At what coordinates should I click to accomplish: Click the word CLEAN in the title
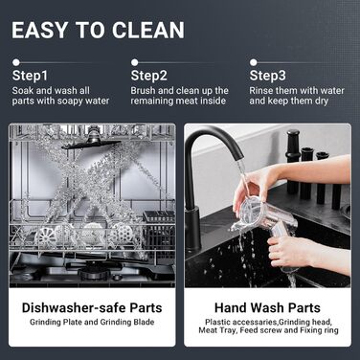tap(147, 30)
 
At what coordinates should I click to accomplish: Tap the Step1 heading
tap(30, 76)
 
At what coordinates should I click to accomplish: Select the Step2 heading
tap(149, 76)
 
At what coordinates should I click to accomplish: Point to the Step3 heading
tap(268, 76)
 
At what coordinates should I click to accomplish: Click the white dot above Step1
tap(16, 62)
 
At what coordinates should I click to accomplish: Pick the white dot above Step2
tap(135, 62)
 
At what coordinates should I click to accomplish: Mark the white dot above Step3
tap(254, 62)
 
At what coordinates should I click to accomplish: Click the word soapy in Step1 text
tap(69, 101)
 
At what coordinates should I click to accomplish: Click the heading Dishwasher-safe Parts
tap(92, 307)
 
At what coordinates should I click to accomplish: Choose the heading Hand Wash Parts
tap(267, 307)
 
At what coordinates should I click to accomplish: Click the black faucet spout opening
tap(238, 157)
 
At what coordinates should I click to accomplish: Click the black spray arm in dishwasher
tap(92, 143)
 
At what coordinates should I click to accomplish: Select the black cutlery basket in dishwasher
tap(159, 231)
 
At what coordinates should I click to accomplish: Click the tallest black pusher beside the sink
tap(292, 161)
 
